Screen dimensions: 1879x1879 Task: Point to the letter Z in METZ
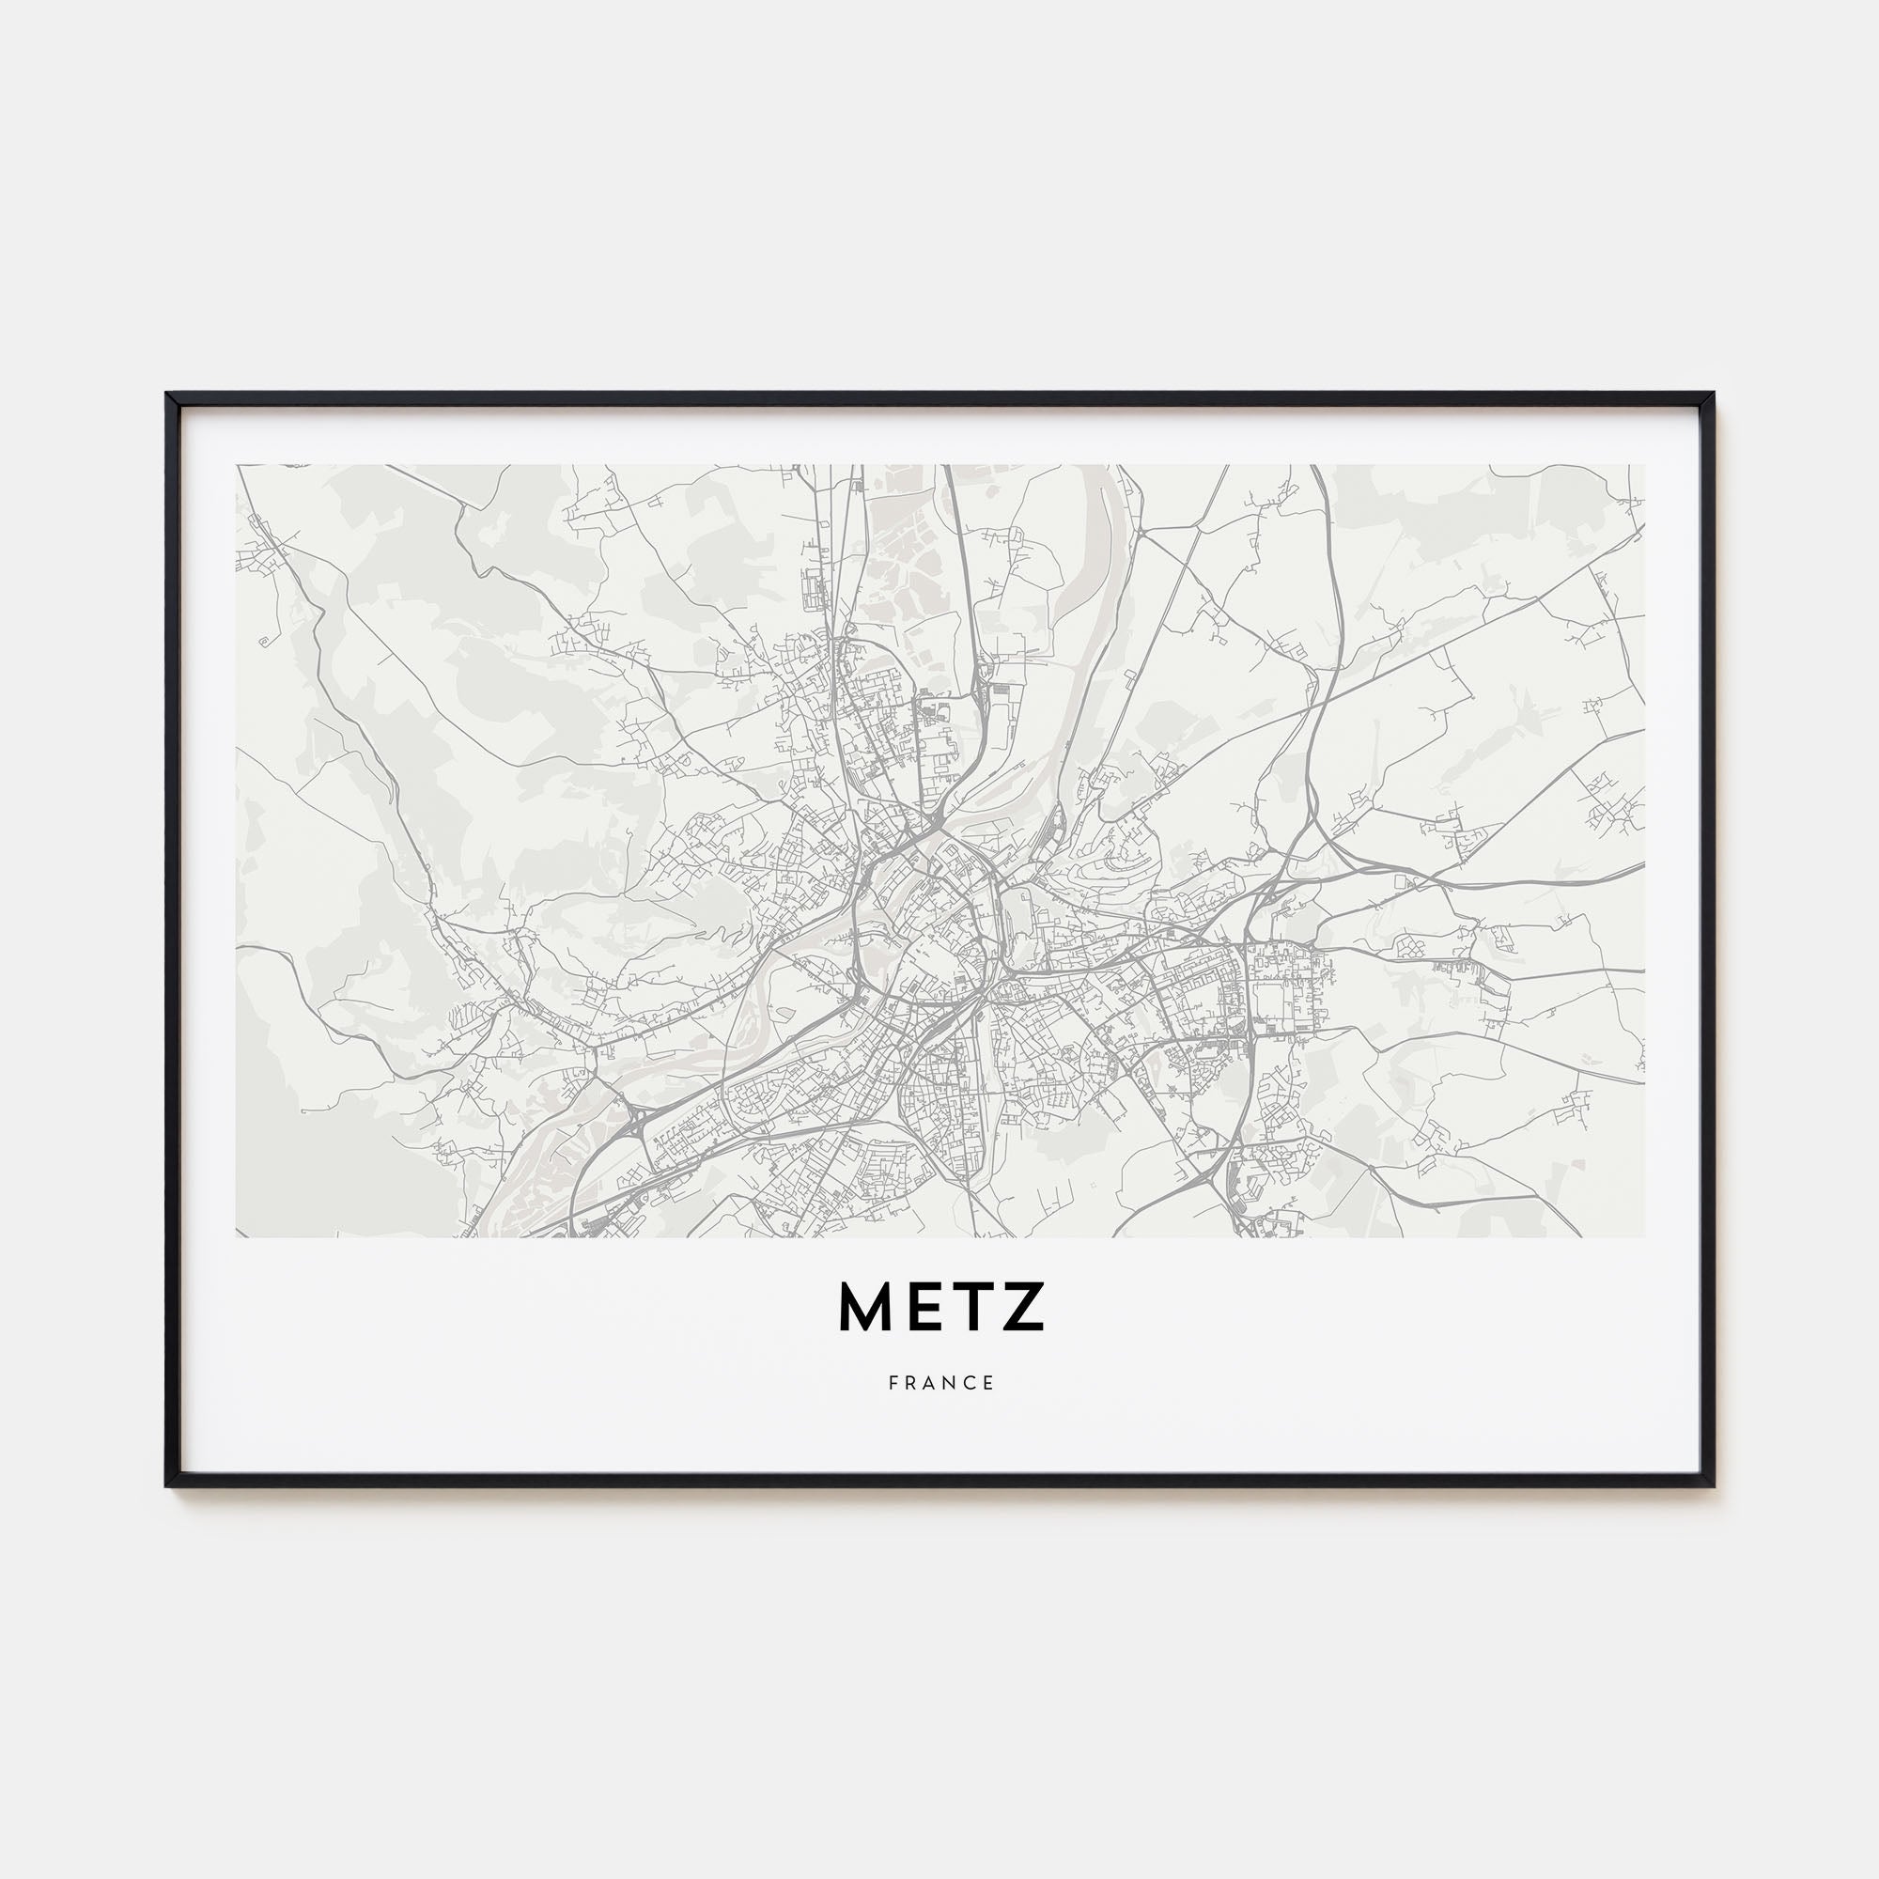1022,1308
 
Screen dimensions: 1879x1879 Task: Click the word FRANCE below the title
940,1383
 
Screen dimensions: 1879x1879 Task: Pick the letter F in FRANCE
893,1383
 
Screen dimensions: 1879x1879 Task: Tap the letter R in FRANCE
911,1383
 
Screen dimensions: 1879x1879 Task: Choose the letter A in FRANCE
931,1383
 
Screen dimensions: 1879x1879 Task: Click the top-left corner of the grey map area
237,465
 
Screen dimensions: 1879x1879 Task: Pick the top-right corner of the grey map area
1645,465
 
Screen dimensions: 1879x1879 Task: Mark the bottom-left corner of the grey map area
237,1237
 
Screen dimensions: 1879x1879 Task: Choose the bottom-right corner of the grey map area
1645,1237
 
